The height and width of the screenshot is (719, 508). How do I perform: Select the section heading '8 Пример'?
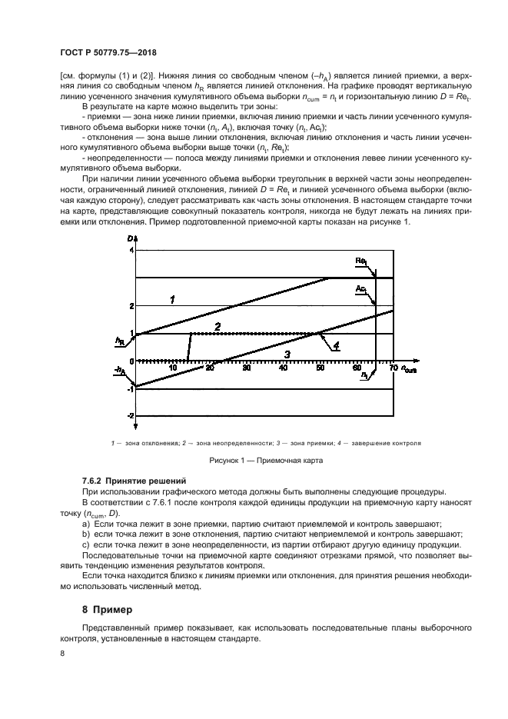[x=93, y=609]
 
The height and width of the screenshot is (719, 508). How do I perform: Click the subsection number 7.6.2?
[x=96, y=480]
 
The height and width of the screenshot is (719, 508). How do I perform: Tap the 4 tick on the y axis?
[x=131, y=251]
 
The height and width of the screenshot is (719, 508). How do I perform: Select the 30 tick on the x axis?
[x=246, y=368]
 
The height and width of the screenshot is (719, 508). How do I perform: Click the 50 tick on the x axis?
[x=320, y=368]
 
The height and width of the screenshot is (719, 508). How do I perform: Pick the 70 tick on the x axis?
[x=393, y=368]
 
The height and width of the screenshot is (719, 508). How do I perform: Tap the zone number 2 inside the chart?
[x=217, y=327]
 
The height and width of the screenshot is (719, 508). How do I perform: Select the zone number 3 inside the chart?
[x=287, y=354]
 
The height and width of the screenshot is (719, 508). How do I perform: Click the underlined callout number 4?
[x=336, y=346]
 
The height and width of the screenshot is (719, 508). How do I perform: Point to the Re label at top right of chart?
[x=360, y=261]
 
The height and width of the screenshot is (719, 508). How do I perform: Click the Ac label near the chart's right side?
[x=360, y=288]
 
